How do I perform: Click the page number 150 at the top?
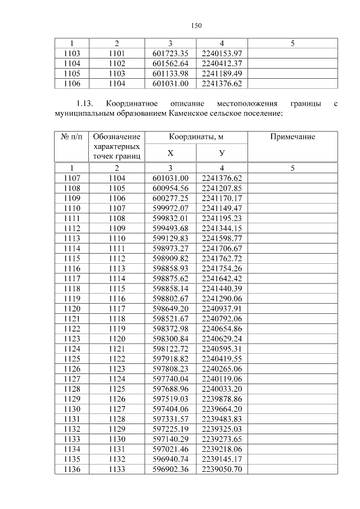pos(196,25)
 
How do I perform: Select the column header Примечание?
pos(292,137)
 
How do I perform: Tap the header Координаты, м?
pos(196,137)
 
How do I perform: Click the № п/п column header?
pos(71,137)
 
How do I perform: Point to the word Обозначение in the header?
pos(116,137)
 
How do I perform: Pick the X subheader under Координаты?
pos(170,152)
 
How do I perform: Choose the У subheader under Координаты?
pos(222,152)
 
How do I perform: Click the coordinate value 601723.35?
pos(170,53)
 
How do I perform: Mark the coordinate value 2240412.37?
pos(222,64)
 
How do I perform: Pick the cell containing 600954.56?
pos(170,188)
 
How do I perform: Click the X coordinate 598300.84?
pos(170,339)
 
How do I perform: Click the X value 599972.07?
pos(170,208)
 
